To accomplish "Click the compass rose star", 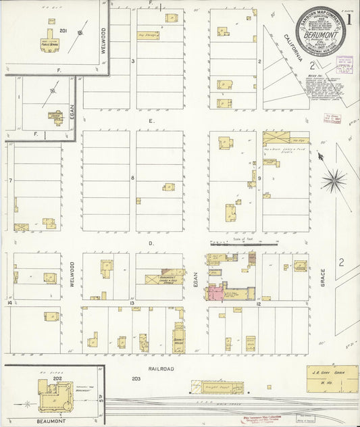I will [x=334, y=180].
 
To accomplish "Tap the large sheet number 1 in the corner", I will [x=349, y=19].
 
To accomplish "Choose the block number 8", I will [x=133, y=178].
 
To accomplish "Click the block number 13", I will [x=133, y=303].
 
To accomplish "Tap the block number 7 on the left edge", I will [x=11, y=180].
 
